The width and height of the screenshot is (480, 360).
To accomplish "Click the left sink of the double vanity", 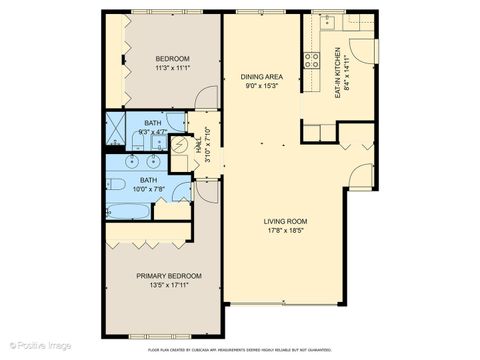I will tap(136, 159).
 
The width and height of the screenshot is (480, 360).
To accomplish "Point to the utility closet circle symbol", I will tap(181, 147).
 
